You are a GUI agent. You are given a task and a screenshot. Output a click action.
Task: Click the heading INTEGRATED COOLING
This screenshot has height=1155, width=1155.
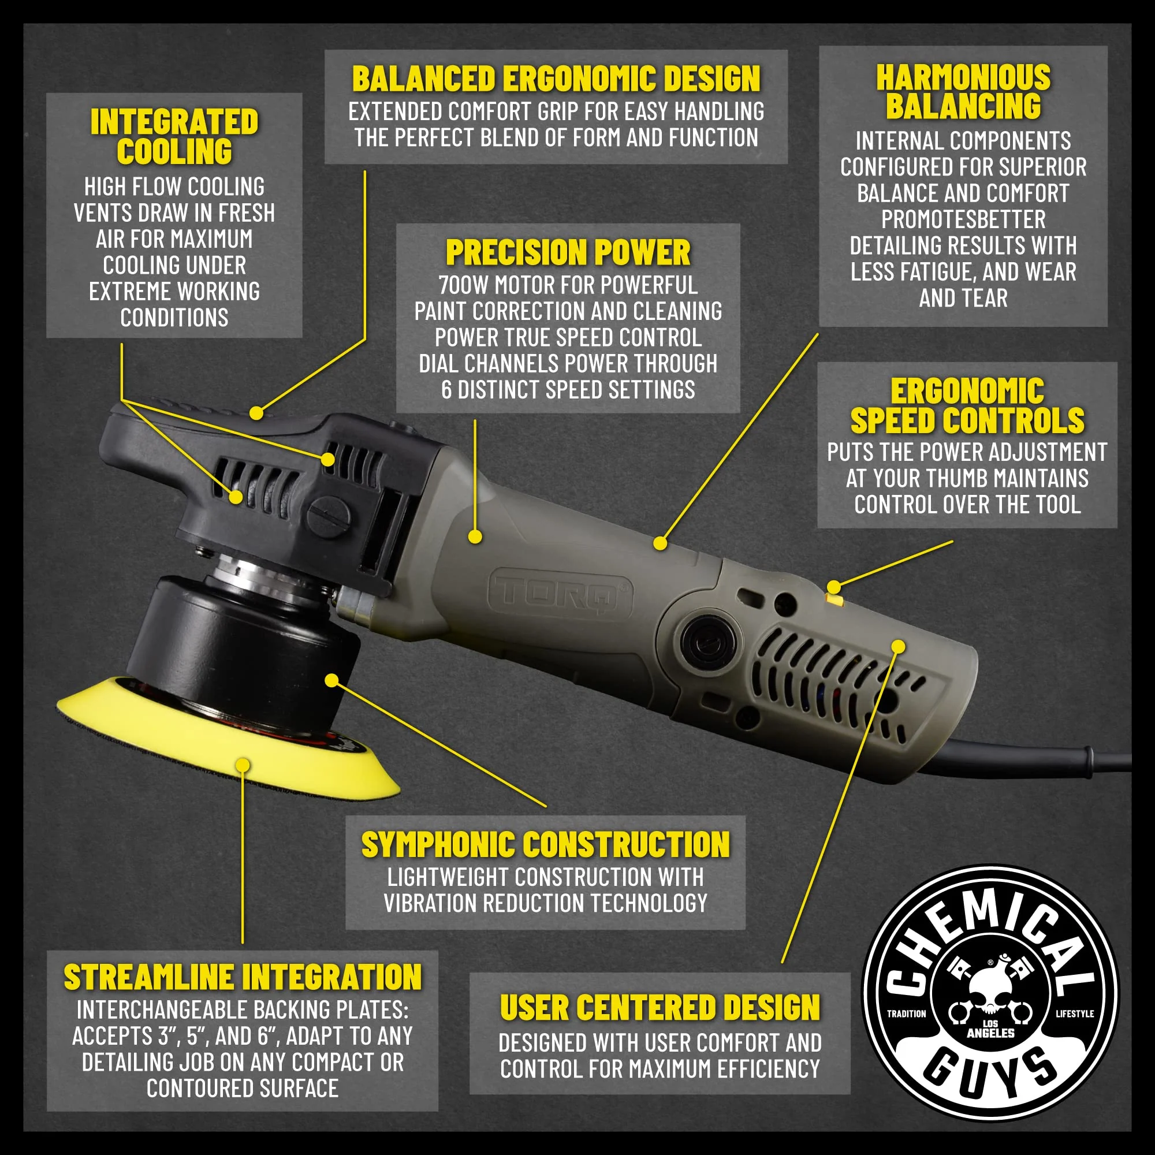tap(174, 136)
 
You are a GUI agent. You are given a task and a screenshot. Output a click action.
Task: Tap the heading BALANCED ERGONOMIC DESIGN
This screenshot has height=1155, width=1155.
tap(556, 79)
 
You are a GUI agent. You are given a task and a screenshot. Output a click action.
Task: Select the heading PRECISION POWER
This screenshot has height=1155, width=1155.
tap(568, 252)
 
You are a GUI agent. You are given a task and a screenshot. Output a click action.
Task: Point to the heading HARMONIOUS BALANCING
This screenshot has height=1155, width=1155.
tap(963, 92)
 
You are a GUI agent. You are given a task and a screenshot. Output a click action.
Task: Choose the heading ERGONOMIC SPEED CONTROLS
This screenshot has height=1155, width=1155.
tap(967, 406)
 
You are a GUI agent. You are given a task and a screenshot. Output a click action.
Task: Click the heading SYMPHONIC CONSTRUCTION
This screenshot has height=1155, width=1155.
tap(545, 845)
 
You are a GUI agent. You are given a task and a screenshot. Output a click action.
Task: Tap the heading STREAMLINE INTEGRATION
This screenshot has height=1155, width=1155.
tap(243, 978)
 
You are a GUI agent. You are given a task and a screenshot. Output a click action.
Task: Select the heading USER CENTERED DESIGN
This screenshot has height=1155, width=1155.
tap(660, 1008)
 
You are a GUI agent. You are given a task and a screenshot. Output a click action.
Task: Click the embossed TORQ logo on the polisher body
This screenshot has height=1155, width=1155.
tap(560, 592)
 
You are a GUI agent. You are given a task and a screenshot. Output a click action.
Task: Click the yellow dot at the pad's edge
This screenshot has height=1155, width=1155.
tap(243, 765)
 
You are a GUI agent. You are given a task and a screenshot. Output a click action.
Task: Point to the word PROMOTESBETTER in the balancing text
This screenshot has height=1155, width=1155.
tap(963, 219)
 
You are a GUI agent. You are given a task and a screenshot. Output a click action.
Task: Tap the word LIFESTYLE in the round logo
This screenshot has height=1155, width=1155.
tap(1074, 1014)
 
